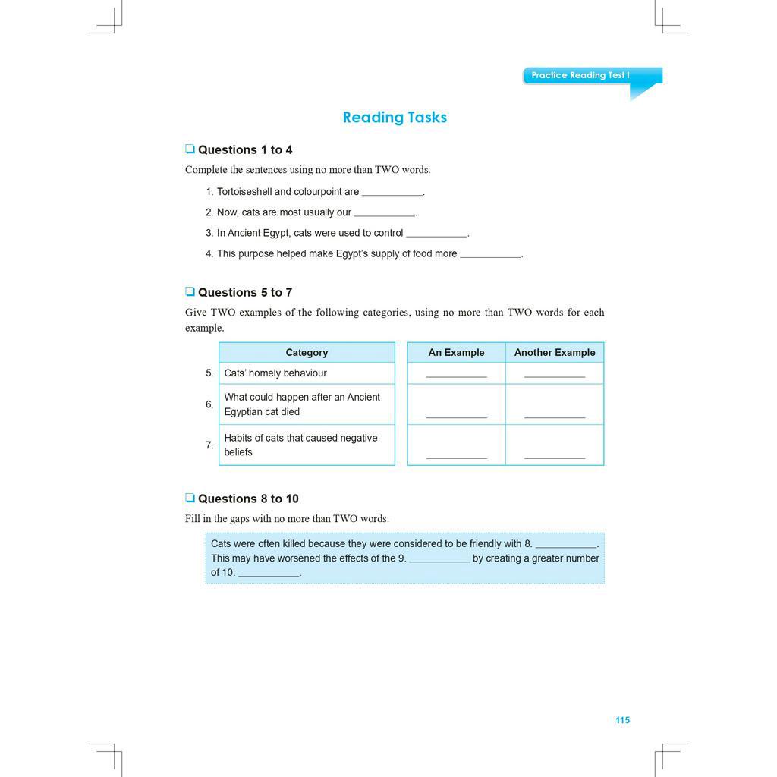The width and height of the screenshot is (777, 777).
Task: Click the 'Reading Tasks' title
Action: point(395,118)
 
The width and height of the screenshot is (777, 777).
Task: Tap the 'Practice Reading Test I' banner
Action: point(580,75)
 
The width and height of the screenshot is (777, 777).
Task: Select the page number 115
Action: point(622,720)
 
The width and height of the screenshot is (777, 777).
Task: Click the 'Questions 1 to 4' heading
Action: point(244,149)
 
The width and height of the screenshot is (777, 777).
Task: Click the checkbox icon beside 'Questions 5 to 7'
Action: point(190,292)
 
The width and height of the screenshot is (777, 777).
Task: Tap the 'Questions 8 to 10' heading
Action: point(248,499)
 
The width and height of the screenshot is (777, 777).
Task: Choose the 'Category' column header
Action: point(307,352)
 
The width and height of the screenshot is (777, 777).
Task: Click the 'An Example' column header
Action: point(456,352)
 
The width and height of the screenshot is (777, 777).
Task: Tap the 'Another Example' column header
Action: point(555,352)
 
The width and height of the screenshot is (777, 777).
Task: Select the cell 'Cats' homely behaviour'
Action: point(275,373)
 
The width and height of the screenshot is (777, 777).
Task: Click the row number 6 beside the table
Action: point(209,404)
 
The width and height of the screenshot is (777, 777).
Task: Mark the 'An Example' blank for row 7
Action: point(456,456)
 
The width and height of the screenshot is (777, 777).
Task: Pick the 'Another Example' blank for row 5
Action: point(555,375)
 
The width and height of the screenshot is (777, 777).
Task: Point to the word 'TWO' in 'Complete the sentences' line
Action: point(388,170)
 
